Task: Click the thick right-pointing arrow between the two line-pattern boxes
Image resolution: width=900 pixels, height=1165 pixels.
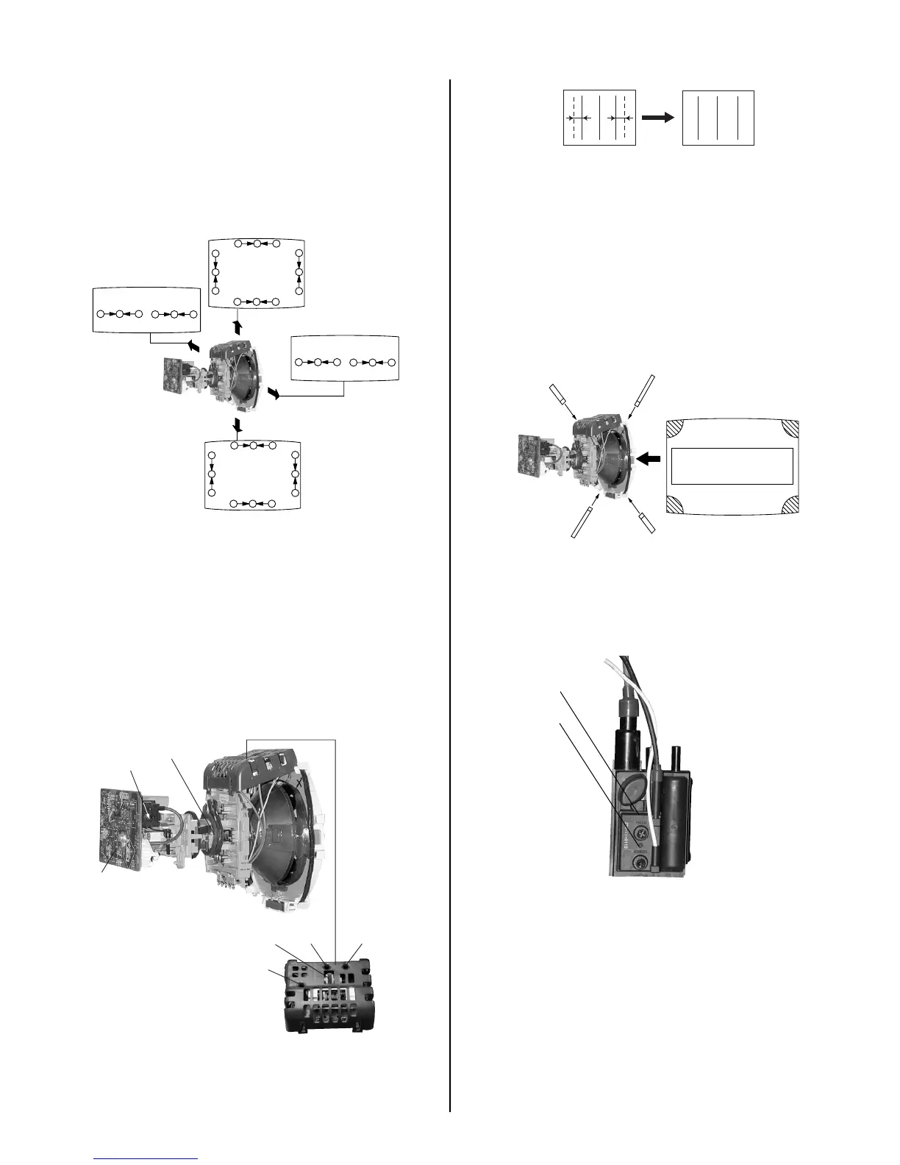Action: click(x=657, y=118)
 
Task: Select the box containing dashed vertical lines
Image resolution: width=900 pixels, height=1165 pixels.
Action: click(x=599, y=118)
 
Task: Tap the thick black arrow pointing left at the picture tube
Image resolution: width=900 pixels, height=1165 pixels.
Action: click(x=649, y=459)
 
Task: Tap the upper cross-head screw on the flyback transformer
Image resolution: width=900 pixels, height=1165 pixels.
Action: click(x=641, y=833)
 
